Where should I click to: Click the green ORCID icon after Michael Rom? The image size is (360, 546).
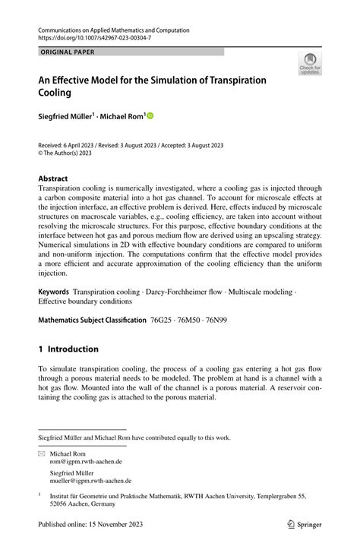coord(150,116)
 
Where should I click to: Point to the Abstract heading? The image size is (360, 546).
coord(53,178)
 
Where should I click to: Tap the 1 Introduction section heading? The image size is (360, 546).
coord(68,349)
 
